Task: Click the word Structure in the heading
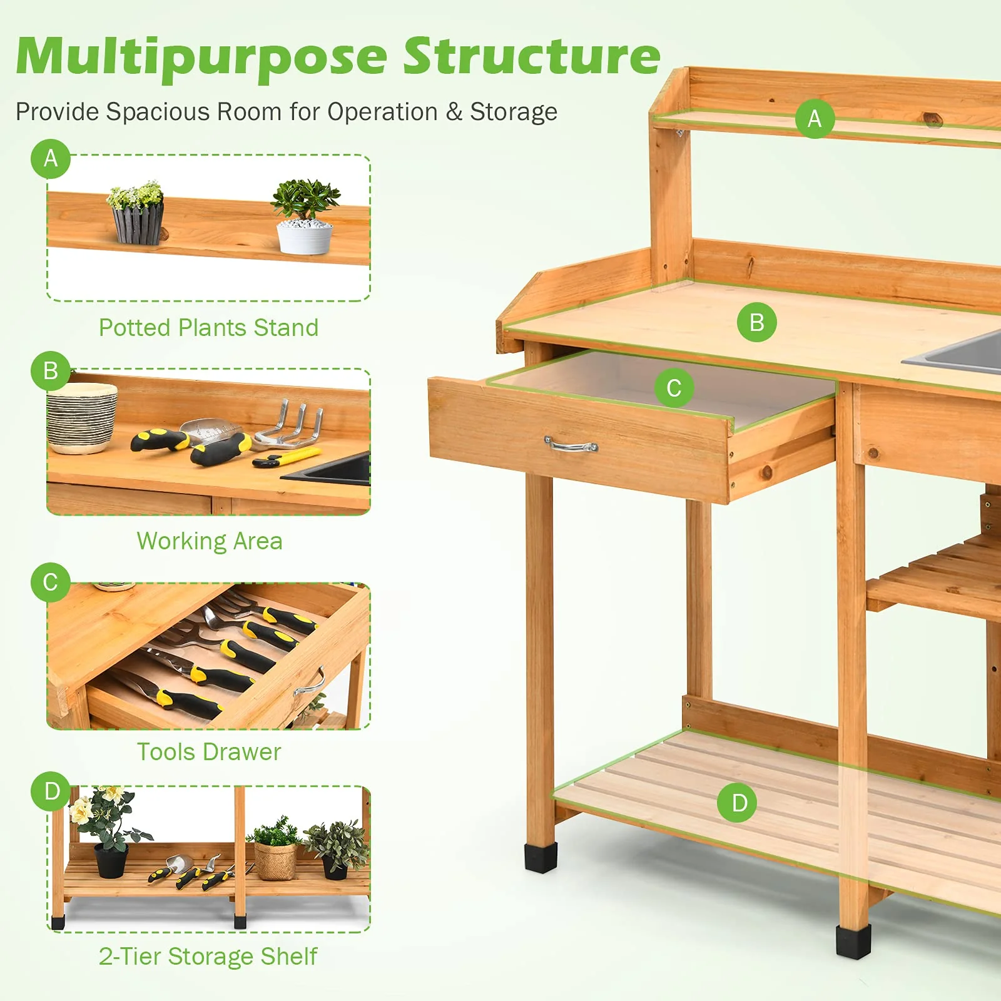point(532,56)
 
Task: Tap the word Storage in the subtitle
point(513,112)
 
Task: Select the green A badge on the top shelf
point(815,118)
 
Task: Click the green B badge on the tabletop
point(756,323)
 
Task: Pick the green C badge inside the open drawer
point(674,388)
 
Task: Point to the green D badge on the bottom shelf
point(739,803)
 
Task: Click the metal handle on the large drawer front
point(571,445)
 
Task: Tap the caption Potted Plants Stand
point(208,328)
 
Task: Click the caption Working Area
point(210,541)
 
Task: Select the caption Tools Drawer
point(209,752)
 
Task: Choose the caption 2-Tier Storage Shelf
point(208,957)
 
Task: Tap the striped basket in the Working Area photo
point(82,417)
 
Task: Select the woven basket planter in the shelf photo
point(276,860)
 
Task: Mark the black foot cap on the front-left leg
point(541,857)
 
